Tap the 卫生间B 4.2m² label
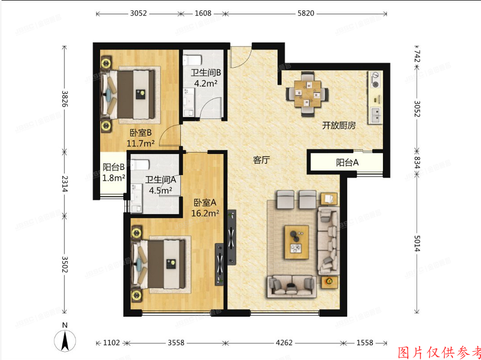[204, 77]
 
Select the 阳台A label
[347, 163]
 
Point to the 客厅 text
[261, 160]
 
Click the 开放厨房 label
[339, 126]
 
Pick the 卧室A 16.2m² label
[206, 207]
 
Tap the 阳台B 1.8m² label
[114, 173]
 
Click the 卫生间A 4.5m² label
[161, 185]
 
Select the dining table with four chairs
[308, 92]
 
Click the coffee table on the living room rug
[296, 242]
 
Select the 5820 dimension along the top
[306, 13]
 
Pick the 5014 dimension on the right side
[418, 243]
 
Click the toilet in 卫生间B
[193, 58]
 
